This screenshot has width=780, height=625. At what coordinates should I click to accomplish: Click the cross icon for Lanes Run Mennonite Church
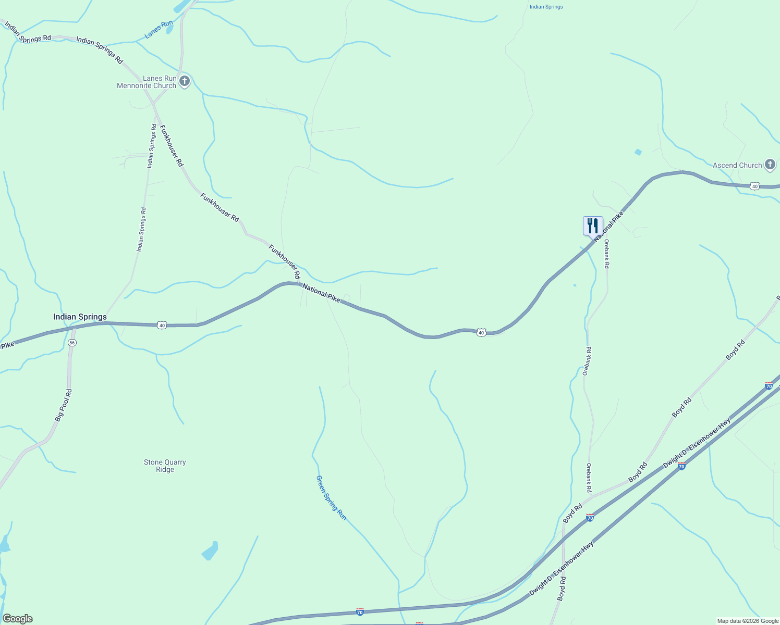coord(184,81)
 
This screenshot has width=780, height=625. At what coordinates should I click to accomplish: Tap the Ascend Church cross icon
coord(770,165)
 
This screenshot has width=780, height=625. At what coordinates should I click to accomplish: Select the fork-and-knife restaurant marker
coord(593,226)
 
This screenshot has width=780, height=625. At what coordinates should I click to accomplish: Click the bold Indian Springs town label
coord(80,317)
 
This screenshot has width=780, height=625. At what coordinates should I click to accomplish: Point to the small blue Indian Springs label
coord(546,7)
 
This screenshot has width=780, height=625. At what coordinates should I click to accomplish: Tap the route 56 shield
coord(72,342)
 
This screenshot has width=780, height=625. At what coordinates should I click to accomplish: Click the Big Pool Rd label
coord(64,405)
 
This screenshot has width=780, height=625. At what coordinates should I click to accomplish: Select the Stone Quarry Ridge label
coord(165,466)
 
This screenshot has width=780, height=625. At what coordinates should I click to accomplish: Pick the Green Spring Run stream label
coord(331,497)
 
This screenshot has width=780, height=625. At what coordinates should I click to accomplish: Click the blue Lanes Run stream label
coord(159,29)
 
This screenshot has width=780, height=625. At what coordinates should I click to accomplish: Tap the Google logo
coord(17,619)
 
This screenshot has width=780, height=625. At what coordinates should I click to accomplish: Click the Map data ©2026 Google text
coord(748,621)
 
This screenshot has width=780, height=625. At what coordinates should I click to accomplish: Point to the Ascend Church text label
coord(737,165)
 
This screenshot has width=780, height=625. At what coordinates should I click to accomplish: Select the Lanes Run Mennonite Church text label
coord(147,82)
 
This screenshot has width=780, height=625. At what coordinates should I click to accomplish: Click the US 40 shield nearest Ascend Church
coord(754,186)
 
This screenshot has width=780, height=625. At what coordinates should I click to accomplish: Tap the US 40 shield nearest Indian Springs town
coord(162,325)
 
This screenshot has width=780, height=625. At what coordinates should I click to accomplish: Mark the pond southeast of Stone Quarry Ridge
coord(210,551)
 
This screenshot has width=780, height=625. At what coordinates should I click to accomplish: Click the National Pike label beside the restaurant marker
coord(608,227)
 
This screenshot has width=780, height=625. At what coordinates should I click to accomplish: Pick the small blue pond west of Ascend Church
coord(638,152)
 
